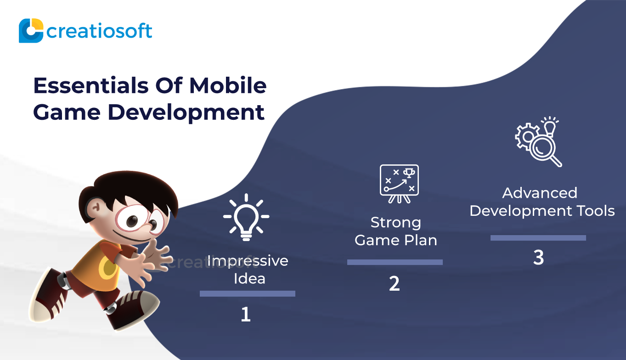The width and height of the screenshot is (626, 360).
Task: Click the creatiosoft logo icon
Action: point(31,30)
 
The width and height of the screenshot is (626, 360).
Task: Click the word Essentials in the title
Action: point(91,85)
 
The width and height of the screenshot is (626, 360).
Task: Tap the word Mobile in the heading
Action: point(228,85)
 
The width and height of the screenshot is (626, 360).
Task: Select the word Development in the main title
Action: point(186,113)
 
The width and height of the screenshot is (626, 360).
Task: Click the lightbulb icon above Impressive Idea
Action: point(246,217)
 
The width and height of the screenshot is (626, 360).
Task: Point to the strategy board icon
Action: point(399,184)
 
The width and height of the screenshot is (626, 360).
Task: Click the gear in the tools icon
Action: point(527,137)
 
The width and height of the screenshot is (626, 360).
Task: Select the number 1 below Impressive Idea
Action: point(245,315)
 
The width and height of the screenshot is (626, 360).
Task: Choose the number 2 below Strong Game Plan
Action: point(395,284)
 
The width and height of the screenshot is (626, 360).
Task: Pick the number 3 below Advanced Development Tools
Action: point(539,257)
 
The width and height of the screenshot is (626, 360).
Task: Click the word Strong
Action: point(396,223)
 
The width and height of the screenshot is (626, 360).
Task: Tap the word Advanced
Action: point(540,193)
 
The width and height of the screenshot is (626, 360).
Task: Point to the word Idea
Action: point(249,279)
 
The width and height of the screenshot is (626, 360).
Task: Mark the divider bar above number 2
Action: point(395,262)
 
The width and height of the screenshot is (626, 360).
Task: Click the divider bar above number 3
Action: point(538,238)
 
